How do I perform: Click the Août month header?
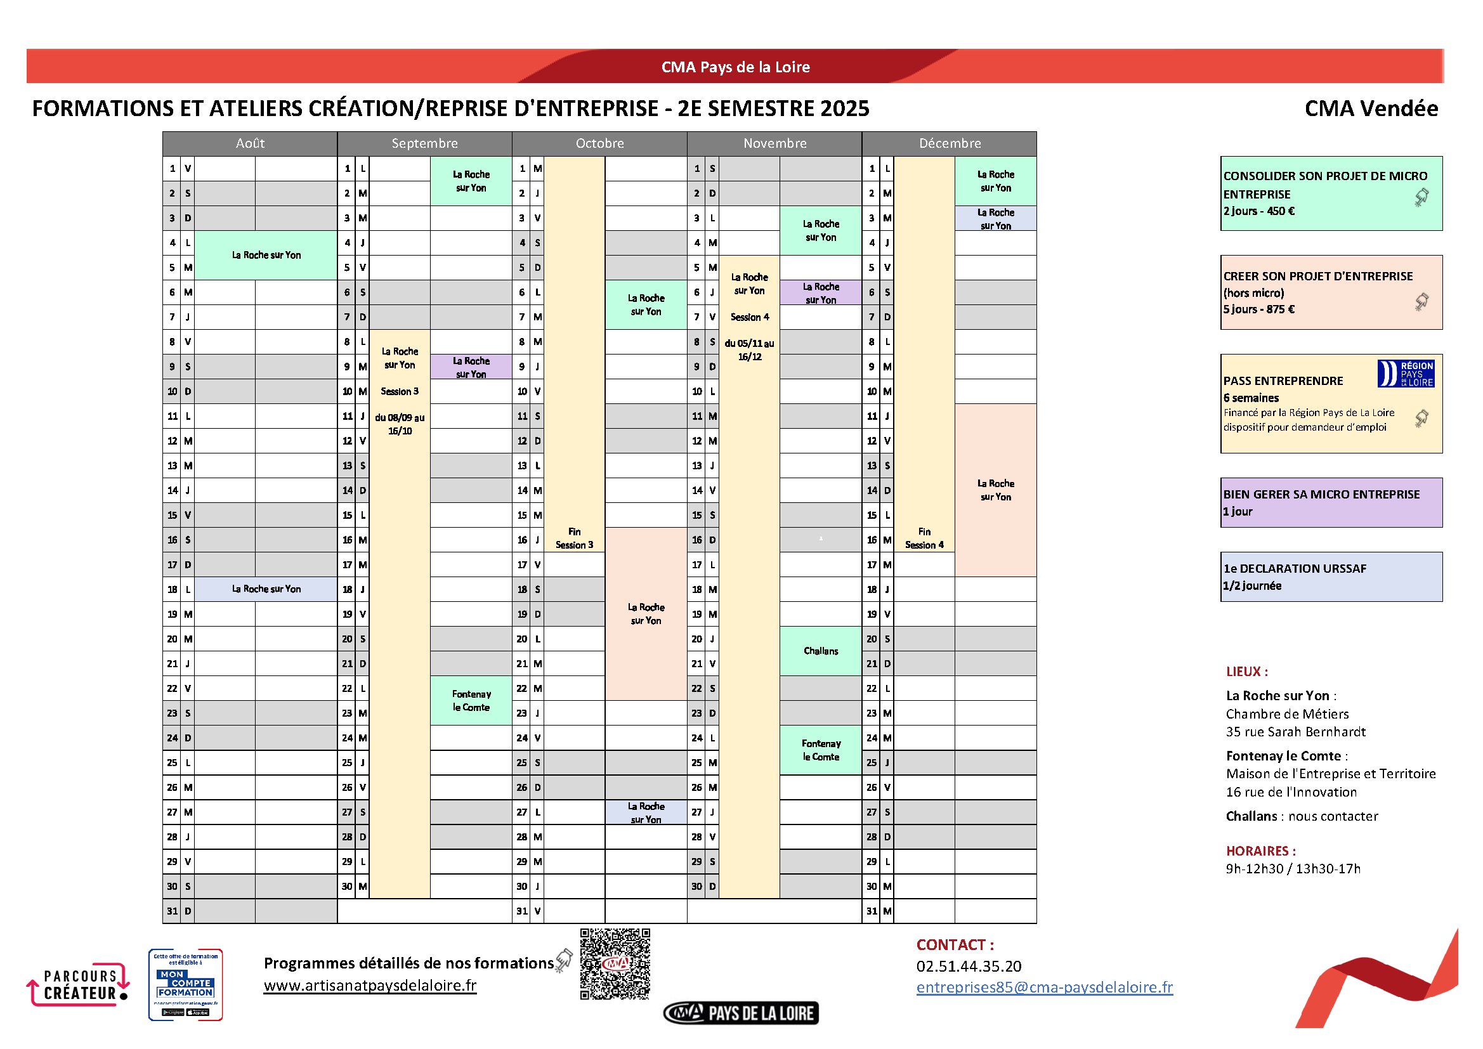point(250,143)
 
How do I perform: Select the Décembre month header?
point(950,143)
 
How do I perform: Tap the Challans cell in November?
point(820,651)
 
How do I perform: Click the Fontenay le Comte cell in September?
point(471,701)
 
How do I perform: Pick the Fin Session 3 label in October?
point(574,538)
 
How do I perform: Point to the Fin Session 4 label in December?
point(924,538)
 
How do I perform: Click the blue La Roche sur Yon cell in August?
point(266,589)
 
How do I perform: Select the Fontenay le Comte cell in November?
point(820,750)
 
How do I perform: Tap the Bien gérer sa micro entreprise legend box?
point(1331,502)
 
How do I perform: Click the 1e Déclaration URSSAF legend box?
point(1331,577)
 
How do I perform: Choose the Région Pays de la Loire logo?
point(1406,374)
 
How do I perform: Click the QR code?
point(615,964)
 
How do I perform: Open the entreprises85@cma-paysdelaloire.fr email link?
point(1045,987)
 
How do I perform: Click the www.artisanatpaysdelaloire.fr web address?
point(370,986)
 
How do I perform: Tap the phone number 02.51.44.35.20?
point(969,967)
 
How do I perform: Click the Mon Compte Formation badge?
point(185,984)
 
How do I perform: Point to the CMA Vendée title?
point(1371,108)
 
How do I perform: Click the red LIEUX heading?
point(1246,672)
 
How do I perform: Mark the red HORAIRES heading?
point(1261,850)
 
